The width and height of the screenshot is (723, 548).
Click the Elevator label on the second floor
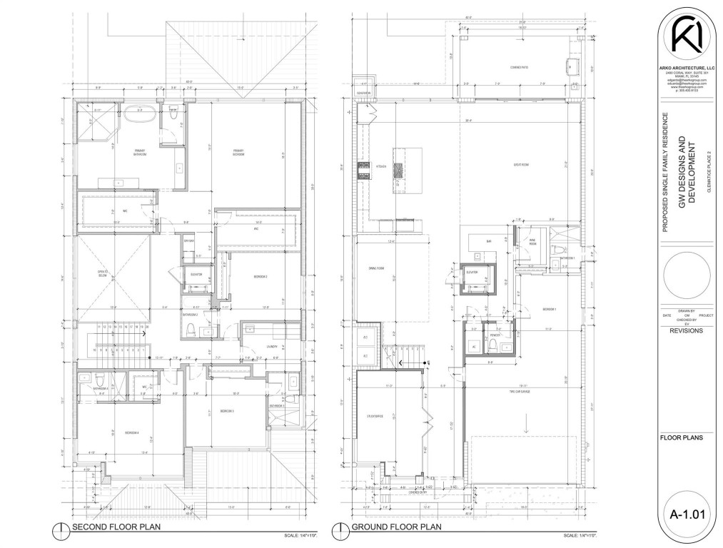197,274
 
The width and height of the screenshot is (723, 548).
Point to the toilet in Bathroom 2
190,330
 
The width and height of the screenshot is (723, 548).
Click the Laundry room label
272,347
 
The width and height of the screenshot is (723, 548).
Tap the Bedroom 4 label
132,433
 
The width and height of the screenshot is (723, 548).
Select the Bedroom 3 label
227,412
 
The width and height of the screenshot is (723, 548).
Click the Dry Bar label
189,240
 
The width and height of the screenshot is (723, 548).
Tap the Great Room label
520,165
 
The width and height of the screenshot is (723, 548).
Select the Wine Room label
532,243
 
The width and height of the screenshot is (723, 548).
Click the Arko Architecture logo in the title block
685,36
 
